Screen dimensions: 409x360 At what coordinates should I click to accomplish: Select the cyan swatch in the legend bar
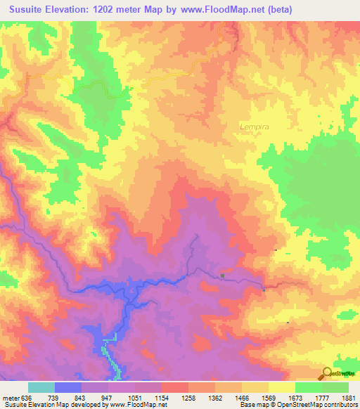coord(41,387)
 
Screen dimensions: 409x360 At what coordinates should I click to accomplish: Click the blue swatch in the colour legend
coord(67,387)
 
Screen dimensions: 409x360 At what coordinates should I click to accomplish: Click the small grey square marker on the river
coord(223,275)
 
